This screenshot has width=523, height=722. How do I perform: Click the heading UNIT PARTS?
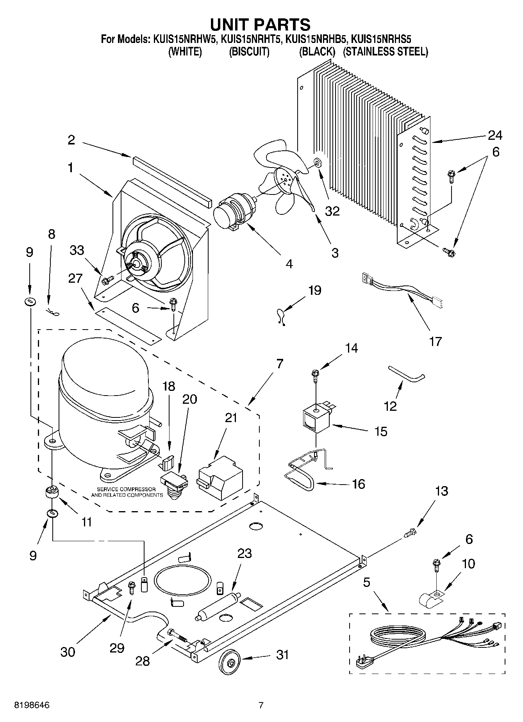tap(261, 24)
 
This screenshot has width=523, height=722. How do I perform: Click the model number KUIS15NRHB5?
tap(316, 39)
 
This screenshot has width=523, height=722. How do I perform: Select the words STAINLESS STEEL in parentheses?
tap(385, 52)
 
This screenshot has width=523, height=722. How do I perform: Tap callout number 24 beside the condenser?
tap(495, 135)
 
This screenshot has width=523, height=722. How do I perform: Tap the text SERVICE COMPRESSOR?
tap(126, 489)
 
